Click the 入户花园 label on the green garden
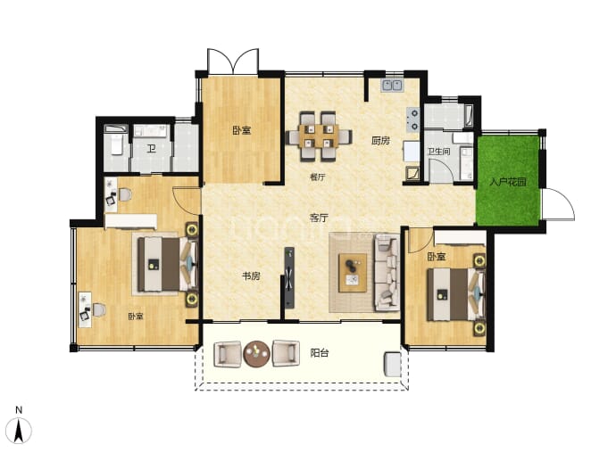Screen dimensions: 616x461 coord(508,182)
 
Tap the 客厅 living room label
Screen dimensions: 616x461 coord(319,218)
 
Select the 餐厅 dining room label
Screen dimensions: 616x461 coord(318,177)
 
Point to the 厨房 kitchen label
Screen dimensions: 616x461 coord(380,140)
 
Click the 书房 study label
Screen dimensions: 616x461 coord(251,276)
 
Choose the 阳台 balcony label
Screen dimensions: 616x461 coord(319,353)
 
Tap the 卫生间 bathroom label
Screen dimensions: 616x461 coord(439,151)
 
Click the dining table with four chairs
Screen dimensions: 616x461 coord(319,136)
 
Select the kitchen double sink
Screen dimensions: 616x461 coord(392,85)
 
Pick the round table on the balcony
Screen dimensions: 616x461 coord(256,353)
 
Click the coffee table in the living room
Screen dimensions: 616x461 coord(353,273)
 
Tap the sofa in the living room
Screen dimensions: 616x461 coord(387,271)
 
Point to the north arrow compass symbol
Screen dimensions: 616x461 coord(19,431)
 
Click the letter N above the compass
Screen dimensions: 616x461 coord(19,410)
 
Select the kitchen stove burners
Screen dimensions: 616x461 coord(412,119)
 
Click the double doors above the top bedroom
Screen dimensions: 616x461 coord(233,62)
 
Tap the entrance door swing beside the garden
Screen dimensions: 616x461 coord(559,204)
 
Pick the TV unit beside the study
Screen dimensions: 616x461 coord(289,278)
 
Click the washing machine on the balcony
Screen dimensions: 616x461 coord(392,365)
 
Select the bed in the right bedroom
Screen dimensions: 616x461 coord(455,294)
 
